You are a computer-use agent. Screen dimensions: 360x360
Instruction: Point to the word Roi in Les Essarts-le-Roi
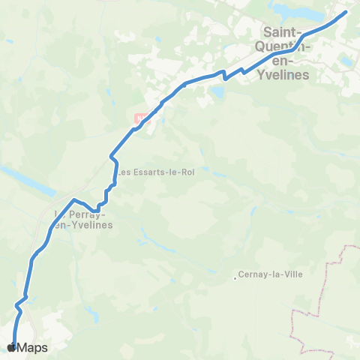tap(187, 172)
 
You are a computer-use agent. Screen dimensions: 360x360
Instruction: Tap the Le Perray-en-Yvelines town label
tap(82, 218)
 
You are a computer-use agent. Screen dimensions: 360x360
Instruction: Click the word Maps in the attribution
tap(32, 347)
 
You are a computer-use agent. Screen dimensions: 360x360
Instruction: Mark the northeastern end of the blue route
tap(346, 12)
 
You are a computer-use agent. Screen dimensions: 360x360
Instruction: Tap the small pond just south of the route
tap(217, 92)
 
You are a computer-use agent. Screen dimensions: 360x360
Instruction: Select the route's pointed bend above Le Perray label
tap(74, 199)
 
